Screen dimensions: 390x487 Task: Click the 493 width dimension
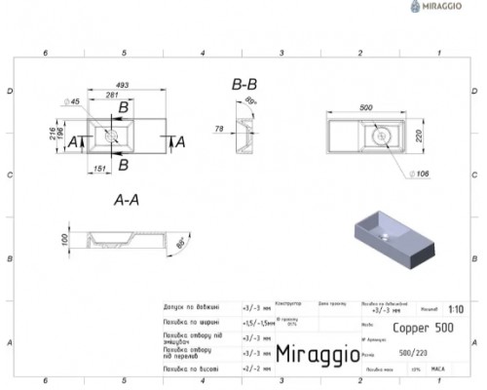(123, 85)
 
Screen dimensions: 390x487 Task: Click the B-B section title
(245, 86)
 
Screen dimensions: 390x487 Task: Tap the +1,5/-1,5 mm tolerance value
(255, 322)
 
